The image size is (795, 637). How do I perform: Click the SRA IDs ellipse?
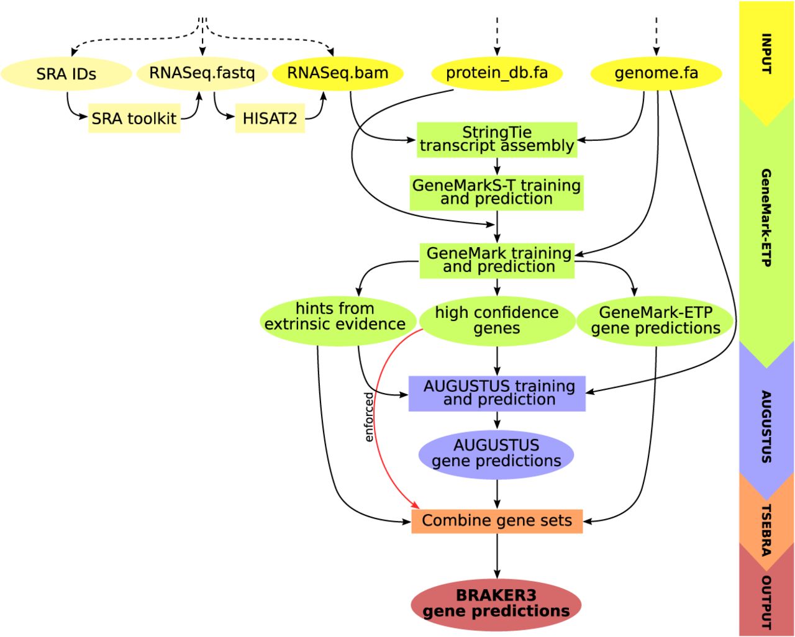coord(66,74)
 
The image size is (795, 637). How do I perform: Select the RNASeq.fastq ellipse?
coord(202,73)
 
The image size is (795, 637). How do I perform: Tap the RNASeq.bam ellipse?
coord(337,73)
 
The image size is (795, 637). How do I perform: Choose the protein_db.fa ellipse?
coord(497,73)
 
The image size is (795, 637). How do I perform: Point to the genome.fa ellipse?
coord(656,73)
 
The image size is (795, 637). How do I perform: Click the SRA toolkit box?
coord(134,118)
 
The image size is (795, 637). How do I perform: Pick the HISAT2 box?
coord(270,118)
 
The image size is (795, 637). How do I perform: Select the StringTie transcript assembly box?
coord(497,139)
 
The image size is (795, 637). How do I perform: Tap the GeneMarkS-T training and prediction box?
coord(497,192)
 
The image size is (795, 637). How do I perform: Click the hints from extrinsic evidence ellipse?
coord(335,317)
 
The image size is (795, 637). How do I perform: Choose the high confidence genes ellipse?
coord(497,320)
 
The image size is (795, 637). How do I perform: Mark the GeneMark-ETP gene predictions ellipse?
coord(655,320)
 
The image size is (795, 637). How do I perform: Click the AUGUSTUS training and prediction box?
coord(497,393)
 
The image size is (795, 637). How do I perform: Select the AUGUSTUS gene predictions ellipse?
coord(496,453)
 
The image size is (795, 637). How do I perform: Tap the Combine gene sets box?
coord(497,520)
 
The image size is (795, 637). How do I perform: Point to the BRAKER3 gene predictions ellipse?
coord(496,603)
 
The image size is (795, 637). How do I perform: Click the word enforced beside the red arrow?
coord(369,417)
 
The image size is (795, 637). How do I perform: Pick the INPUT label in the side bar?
coord(766,53)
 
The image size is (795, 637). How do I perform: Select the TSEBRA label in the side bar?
coord(766,529)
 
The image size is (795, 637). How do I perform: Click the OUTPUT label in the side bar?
coord(766,602)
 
